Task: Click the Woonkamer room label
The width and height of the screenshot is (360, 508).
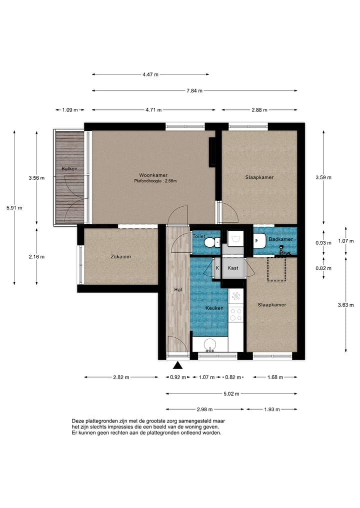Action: (153, 175)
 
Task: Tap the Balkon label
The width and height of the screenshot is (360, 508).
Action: (69, 169)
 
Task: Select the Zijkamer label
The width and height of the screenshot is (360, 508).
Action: (121, 257)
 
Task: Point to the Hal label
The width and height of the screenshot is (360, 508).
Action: (178, 290)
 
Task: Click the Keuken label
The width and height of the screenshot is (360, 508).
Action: (214, 308)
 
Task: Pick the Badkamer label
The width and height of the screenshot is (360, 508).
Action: (281, 239)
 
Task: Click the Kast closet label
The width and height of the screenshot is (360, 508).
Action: (233, 268)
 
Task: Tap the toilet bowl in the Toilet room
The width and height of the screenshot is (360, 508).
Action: (213, 242)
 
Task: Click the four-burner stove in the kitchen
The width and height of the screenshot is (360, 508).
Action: (236, 314)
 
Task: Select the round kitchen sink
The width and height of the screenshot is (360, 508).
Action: (210, 345)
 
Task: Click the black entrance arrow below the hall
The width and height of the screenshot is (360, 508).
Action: (177, 366)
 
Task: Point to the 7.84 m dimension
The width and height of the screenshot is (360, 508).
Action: (194, 91)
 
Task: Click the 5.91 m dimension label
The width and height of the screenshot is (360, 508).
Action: (14, 208)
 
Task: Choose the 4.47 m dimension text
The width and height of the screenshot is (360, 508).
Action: (150, 74)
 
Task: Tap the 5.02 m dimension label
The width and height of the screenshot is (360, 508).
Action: (231, 394)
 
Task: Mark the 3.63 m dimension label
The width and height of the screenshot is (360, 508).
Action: (345, 305)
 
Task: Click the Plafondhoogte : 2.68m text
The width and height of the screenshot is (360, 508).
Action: (155, 181)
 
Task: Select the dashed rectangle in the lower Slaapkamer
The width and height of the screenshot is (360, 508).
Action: (276, 269)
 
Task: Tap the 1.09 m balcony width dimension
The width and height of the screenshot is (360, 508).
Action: (70, 110)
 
